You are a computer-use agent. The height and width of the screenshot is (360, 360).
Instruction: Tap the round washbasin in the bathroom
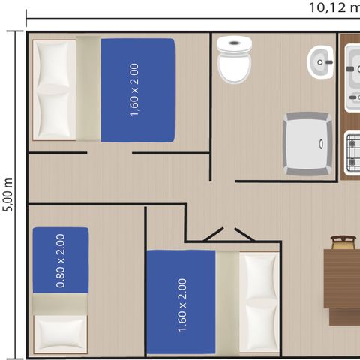click(x=321, y=61)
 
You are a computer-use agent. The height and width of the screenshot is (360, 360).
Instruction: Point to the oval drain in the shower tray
click(x=322, y=142)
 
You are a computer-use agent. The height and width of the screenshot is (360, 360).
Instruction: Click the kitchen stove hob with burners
click(x=351, y=150)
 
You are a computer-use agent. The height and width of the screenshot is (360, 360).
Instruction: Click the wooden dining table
click(x=341, y=278)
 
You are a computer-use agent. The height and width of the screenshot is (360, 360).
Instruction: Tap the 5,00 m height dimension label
click(x=8, y=194)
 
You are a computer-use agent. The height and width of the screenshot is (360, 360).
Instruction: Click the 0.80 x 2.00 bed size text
click(x=61, y=260)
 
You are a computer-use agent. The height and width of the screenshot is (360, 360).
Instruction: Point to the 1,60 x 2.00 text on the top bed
click(x=135, y=90)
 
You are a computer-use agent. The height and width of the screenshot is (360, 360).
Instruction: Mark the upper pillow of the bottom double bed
click(x=258, y=276)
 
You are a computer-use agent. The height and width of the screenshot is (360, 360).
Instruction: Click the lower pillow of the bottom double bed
click(x=258, y=325)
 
